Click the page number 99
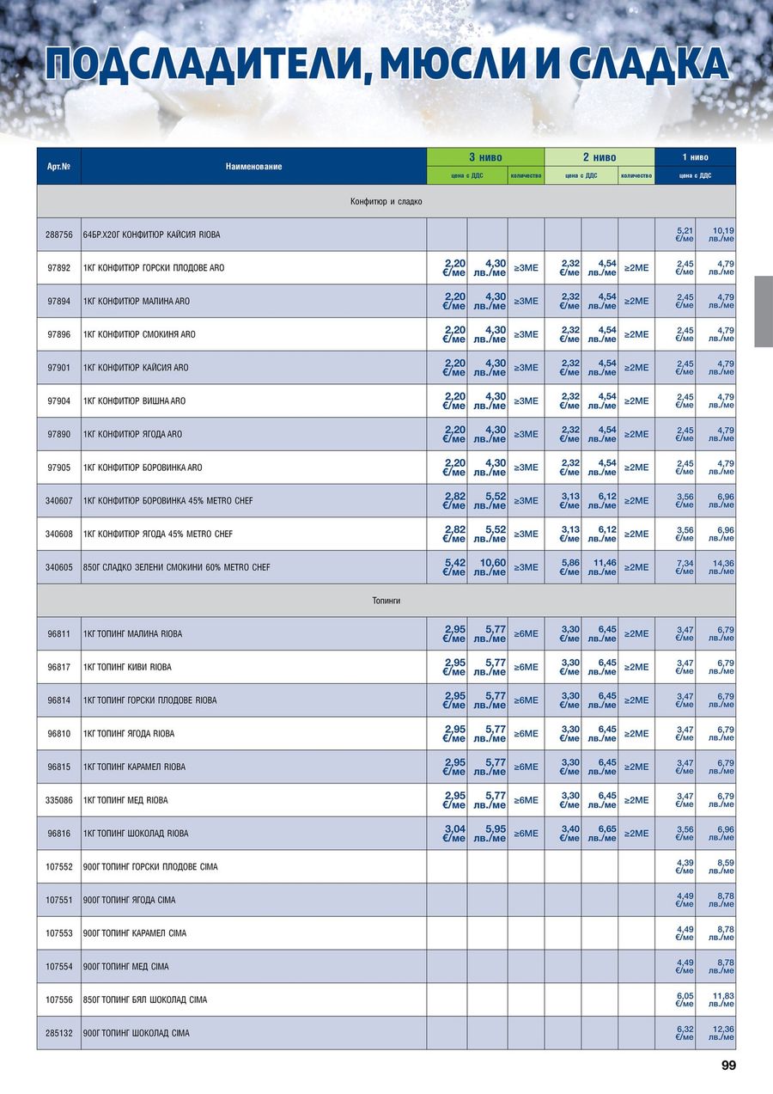(x=728, y=1066)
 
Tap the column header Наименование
(x=253, y=167)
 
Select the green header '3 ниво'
(x=485, y=157)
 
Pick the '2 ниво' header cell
(x=600, y=157)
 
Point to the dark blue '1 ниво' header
(x=695, y=157)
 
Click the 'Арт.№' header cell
(x=58, y=167)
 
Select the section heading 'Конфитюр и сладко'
(x=386, y=201)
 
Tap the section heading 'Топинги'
(x=386, y=601)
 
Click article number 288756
(x=58, y=235)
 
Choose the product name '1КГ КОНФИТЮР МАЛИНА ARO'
(x=137, y=302)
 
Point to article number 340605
(x=58, y=567)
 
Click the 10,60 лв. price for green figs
(x=489, y=567)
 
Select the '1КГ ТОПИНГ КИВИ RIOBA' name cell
(x=127, y=668)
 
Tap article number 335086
(x=58, y=800)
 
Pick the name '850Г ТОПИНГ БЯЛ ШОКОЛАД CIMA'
(x=145, y=1000)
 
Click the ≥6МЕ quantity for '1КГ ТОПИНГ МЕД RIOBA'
(x=526, y=800)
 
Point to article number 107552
(x=58, y=867)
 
